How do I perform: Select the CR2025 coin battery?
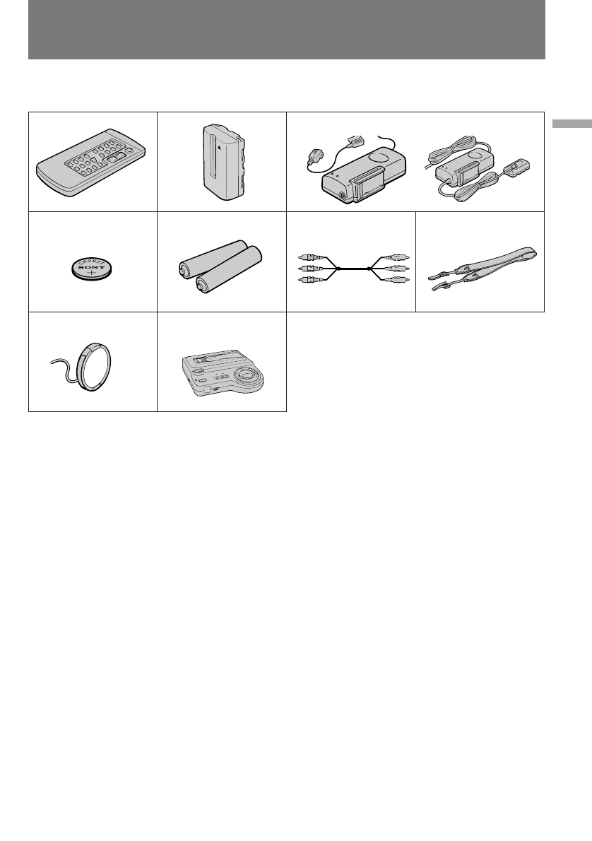point(92,269)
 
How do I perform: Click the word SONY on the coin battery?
point(90,268)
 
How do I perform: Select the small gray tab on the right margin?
point(572,124)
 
